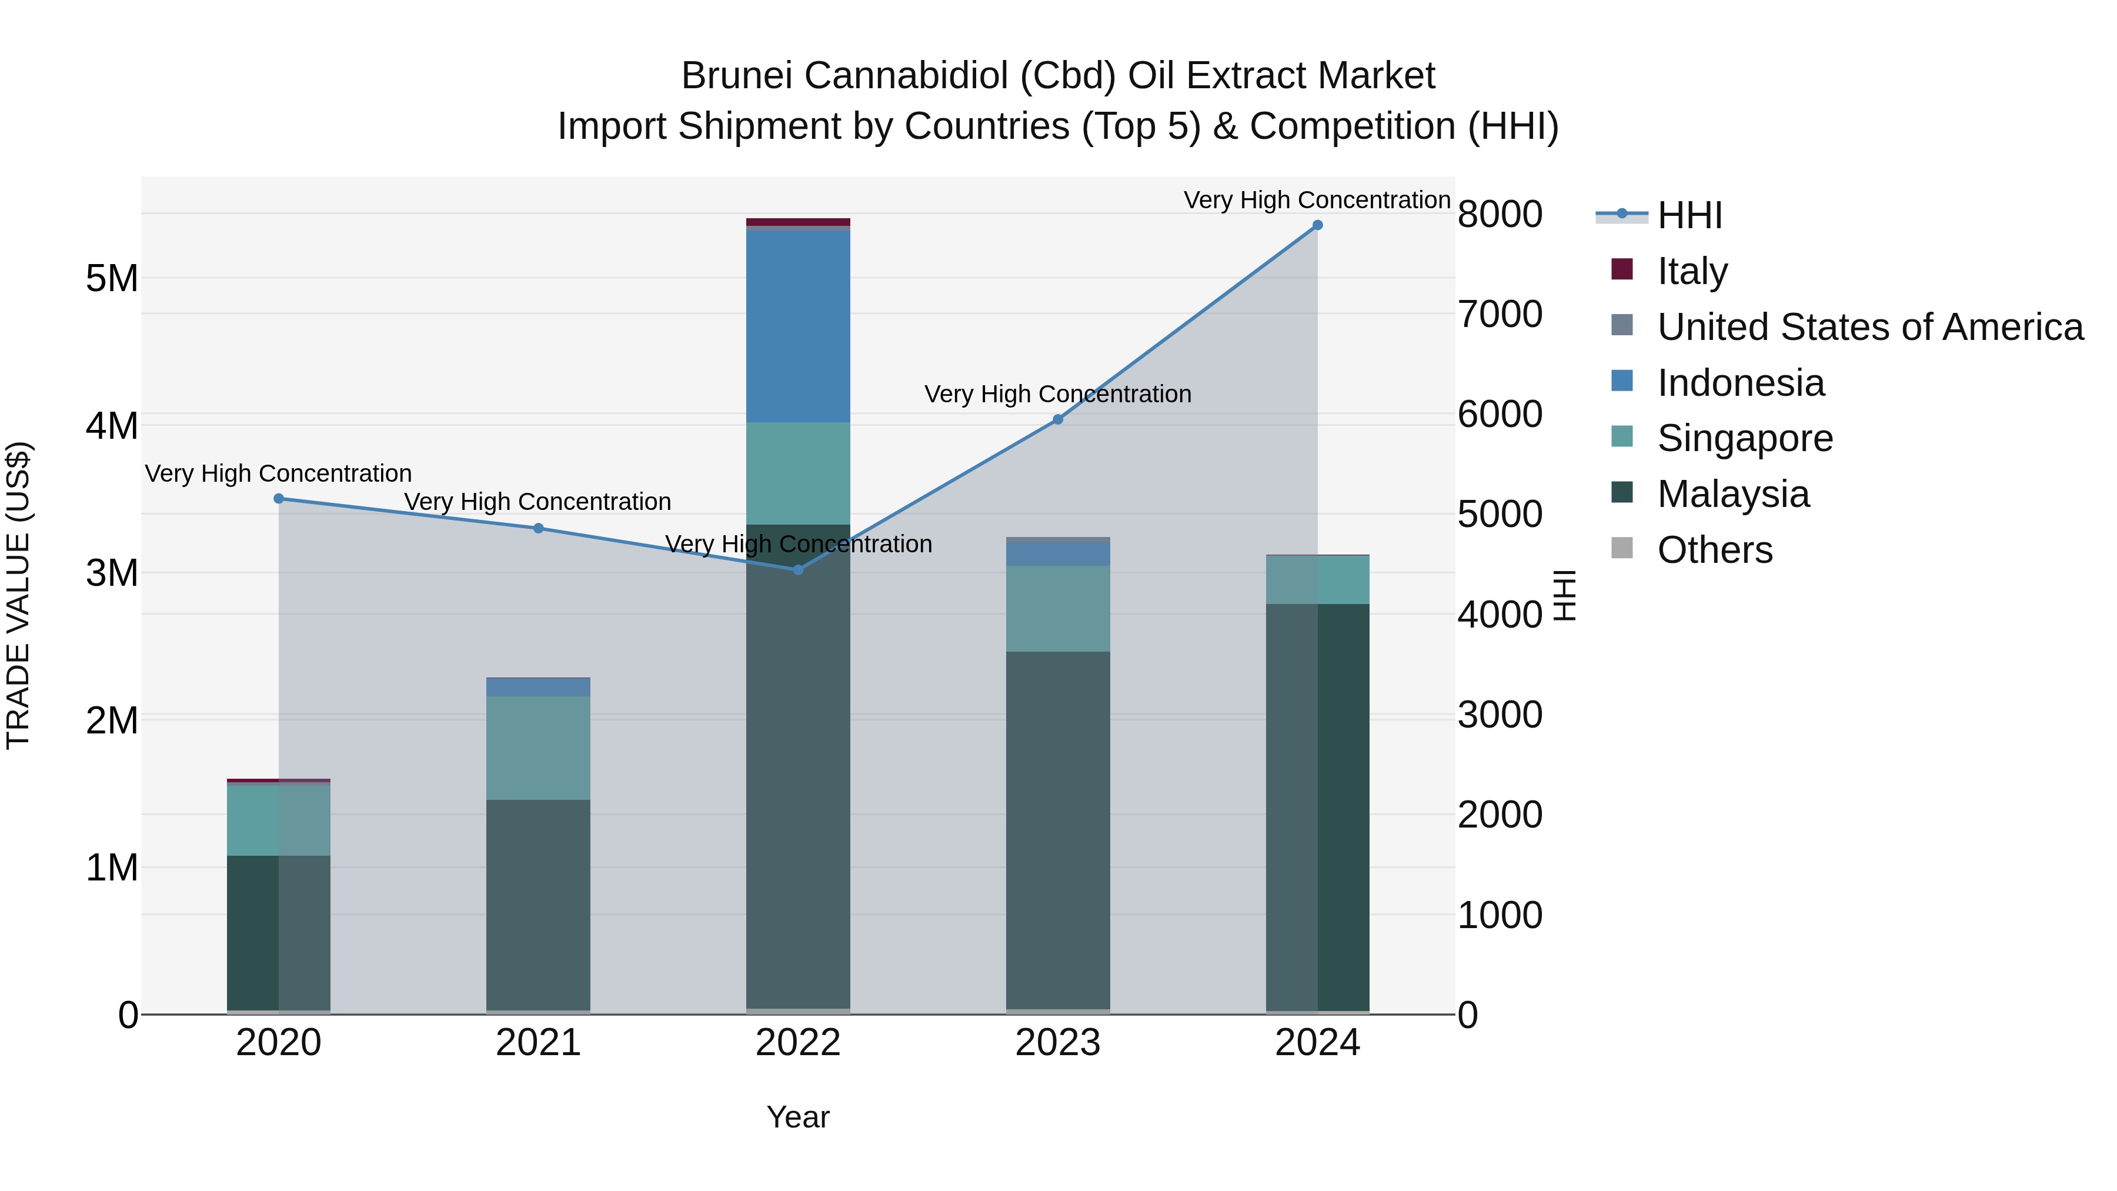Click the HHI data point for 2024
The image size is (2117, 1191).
[1317, 225]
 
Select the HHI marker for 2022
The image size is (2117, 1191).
[798, 569]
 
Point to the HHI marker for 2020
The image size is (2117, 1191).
[279, 499]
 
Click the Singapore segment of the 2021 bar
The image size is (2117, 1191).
[538, 748]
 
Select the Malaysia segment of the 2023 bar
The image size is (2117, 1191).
[1058, 830]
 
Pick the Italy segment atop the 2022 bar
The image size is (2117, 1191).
[798, 222]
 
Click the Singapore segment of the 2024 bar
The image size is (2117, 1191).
[1317, 581]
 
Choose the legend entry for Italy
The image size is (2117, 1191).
[1692, 271]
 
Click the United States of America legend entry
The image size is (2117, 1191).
[1869, 326]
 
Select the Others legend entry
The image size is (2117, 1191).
[1714, 550]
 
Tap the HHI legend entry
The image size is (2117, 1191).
[1689, 215]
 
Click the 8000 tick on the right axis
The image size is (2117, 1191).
[1500, 215]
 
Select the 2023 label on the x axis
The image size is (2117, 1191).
[1058, 1043]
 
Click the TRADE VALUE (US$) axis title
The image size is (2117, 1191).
[18, 595]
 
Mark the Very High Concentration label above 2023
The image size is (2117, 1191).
[1058, 395]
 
